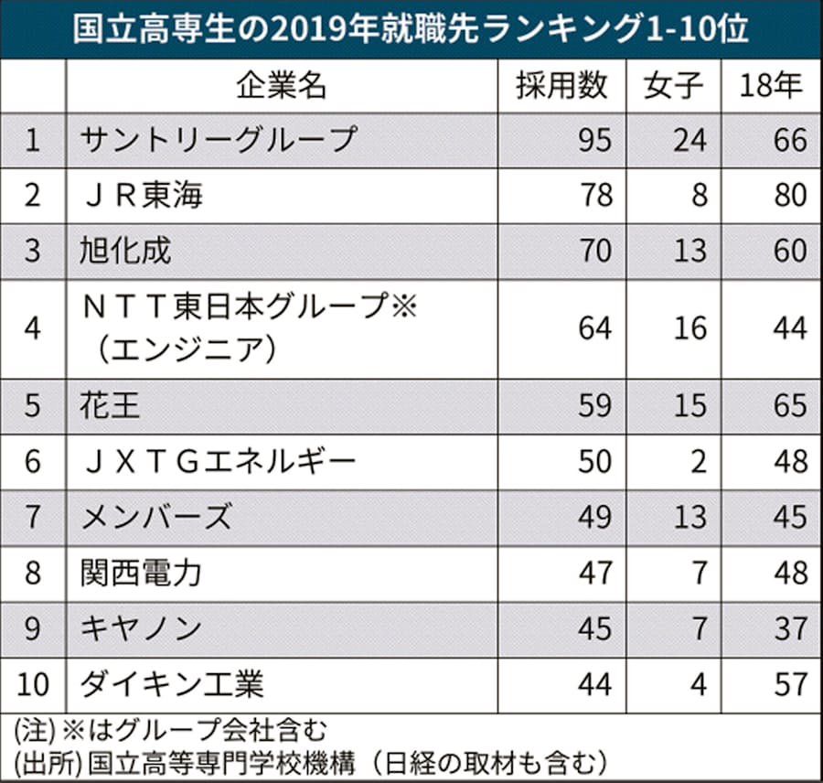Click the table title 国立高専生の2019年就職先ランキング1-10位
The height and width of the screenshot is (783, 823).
(411, 28)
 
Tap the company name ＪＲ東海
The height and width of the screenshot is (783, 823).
(140, 195)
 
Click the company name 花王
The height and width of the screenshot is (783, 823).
(111, 405)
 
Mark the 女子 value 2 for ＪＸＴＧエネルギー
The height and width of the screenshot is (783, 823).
(699, 461)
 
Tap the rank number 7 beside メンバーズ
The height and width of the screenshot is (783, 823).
(33, 517)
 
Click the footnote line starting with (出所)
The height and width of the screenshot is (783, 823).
(311, 762)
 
